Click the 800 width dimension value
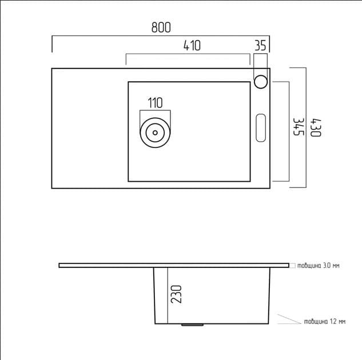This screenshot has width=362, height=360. tap(161, 27)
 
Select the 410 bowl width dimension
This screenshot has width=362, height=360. tap(192, 46)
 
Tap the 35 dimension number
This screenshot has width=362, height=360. tap(261, 46)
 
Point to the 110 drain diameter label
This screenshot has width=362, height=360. tap(155, 103)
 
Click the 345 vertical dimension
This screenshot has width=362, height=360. tap(297, 127)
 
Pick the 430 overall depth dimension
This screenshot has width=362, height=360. tap(315, 127)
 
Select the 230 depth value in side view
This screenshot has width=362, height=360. tap(177, 294)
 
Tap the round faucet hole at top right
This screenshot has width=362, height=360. tap(261, 81)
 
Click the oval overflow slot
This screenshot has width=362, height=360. tap(261, 127)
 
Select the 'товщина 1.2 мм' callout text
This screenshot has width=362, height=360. tap(324, 322)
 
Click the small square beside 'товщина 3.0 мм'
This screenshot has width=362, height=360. tap(292, 265)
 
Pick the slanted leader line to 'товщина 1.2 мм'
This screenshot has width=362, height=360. tap(289, 319)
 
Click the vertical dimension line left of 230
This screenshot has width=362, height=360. tap(168, 294)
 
